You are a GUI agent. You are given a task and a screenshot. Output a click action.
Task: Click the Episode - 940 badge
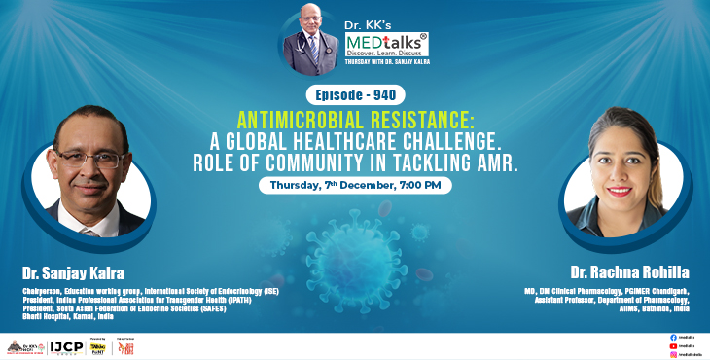pos(354,95)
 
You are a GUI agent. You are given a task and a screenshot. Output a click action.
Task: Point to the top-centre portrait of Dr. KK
pos(310,39)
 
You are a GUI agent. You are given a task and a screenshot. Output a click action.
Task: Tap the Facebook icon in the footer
pos(673,337)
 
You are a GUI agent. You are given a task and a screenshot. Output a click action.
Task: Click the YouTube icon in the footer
pos(673,345)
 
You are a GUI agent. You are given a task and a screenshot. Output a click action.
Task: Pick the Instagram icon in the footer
pos(673,354)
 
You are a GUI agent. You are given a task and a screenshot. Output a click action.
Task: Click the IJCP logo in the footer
pos(63,346)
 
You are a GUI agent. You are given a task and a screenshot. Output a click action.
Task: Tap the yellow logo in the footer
pos(98,346)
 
